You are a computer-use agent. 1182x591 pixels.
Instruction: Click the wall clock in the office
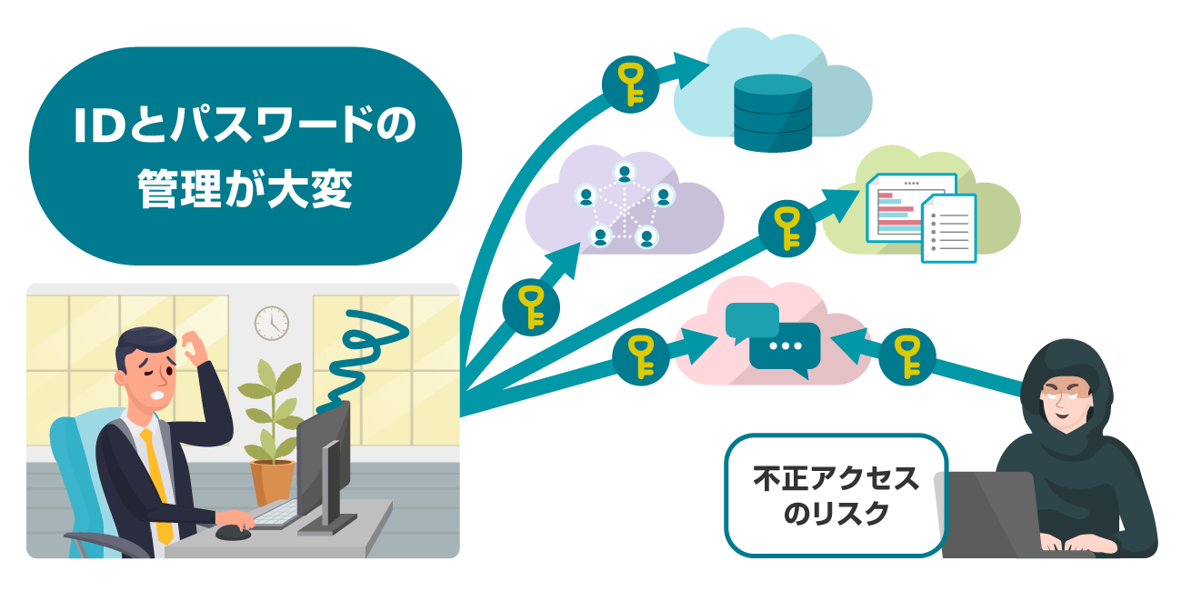(x=271, y=323)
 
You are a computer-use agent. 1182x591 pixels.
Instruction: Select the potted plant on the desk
(x=272, y=428)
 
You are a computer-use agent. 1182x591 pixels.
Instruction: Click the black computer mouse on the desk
(x=233, y=531)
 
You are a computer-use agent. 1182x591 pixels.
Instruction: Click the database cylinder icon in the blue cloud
(x=772, y=113)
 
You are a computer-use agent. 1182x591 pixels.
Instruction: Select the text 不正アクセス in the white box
(x=836, y=479)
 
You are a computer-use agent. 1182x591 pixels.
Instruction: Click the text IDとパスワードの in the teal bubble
(x=245, y=128)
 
